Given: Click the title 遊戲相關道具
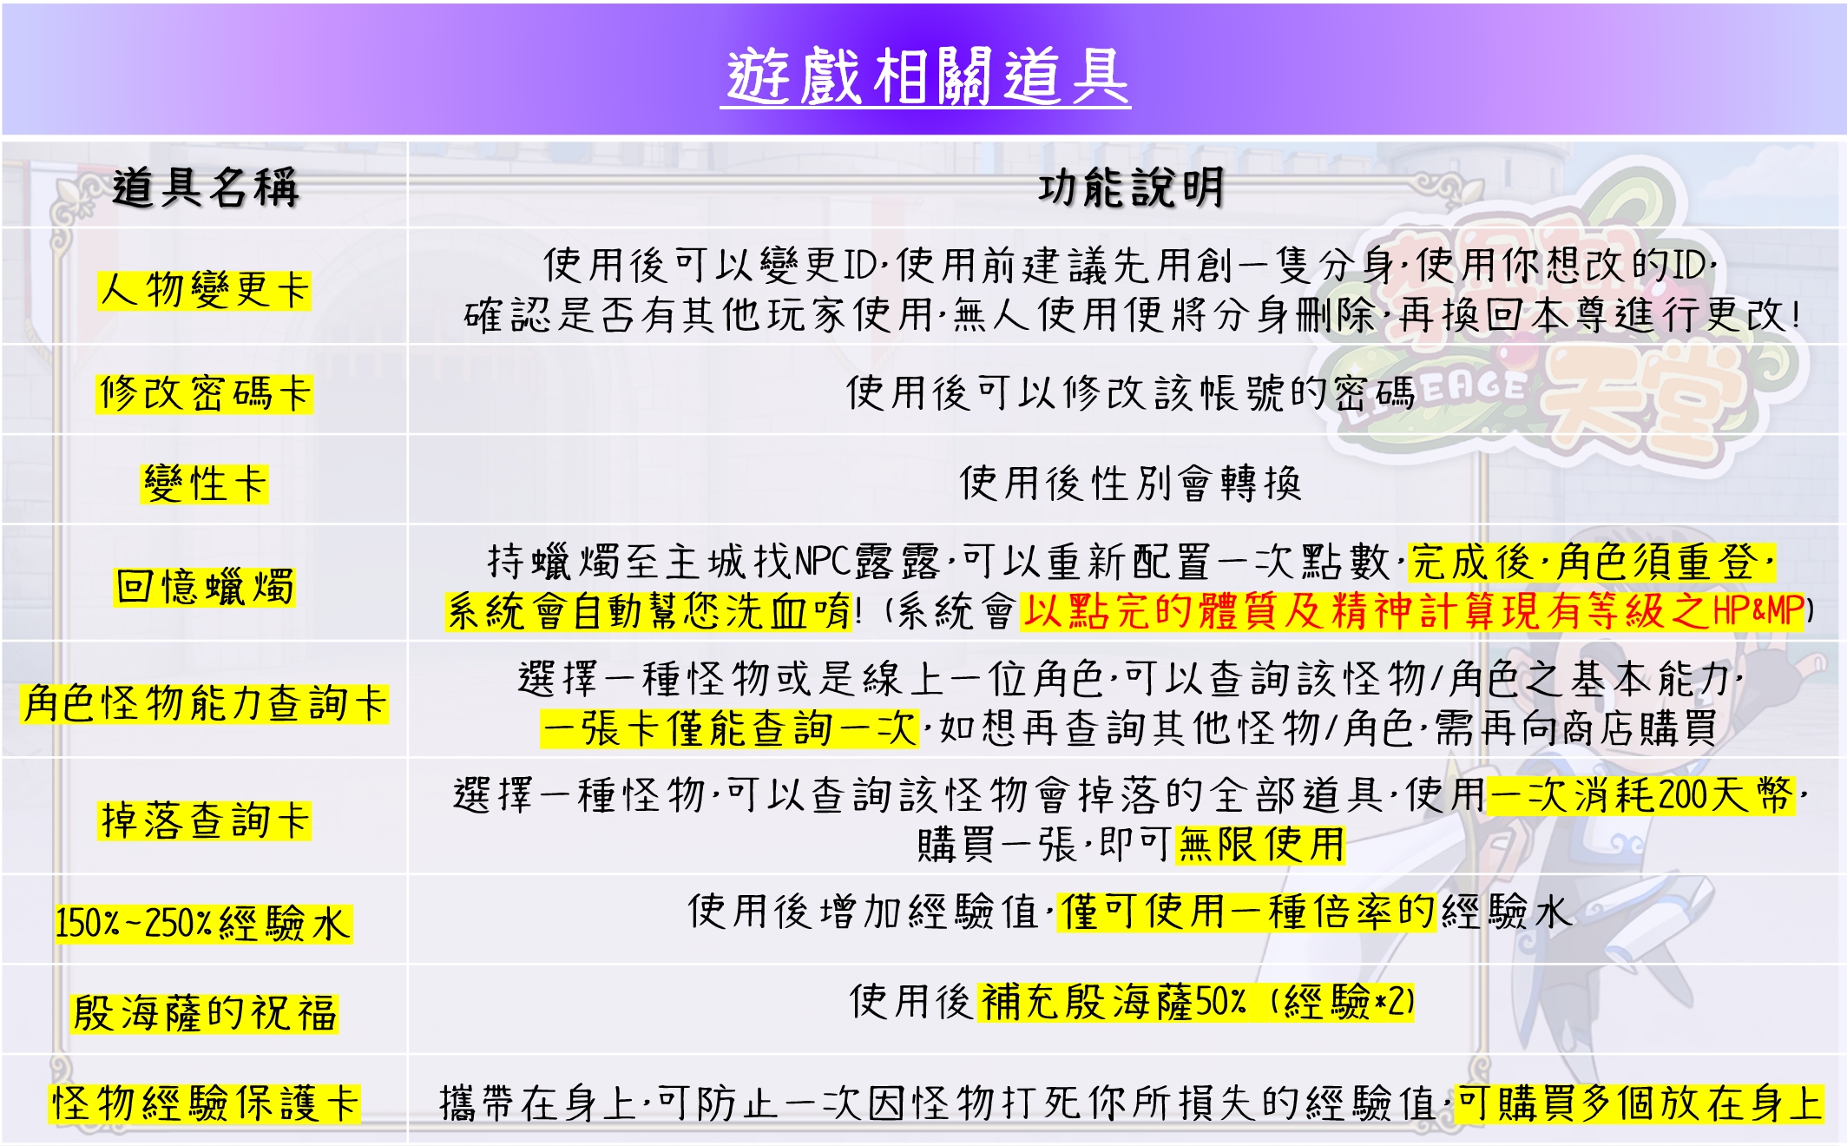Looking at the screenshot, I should (x=925, y=76).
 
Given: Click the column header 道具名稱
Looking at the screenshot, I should (x=205, y=188).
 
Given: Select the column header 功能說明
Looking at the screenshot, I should (x=1130, y=188).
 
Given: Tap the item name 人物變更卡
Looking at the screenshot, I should (x=205, y=290).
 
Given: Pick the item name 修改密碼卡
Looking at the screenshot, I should (x=205, y=393).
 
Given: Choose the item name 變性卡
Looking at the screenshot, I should (x=205, y=484).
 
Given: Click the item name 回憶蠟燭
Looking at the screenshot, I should (x=205, y=587).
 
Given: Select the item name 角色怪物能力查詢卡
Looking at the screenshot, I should (x=205, y=703).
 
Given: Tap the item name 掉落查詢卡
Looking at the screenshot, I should (x=205, y=820).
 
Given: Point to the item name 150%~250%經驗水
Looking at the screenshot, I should (x=203, y=923).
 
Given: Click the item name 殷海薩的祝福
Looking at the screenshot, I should (x=205, y=1013).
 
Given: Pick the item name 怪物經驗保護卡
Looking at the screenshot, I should (x=205, y=1103).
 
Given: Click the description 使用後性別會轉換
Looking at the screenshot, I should (x=1130, y=484).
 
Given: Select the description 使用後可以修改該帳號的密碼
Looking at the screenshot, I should (x=1130, y=393).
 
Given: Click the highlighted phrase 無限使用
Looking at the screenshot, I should (x=1260, y=845).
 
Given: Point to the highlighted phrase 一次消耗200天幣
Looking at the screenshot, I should (x=1640, y=795).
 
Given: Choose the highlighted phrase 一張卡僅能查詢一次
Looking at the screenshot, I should (x=729, y=728).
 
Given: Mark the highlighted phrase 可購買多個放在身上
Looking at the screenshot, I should (x=1639, y=1103).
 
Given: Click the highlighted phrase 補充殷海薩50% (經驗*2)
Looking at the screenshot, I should (x=1196, y=1002).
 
